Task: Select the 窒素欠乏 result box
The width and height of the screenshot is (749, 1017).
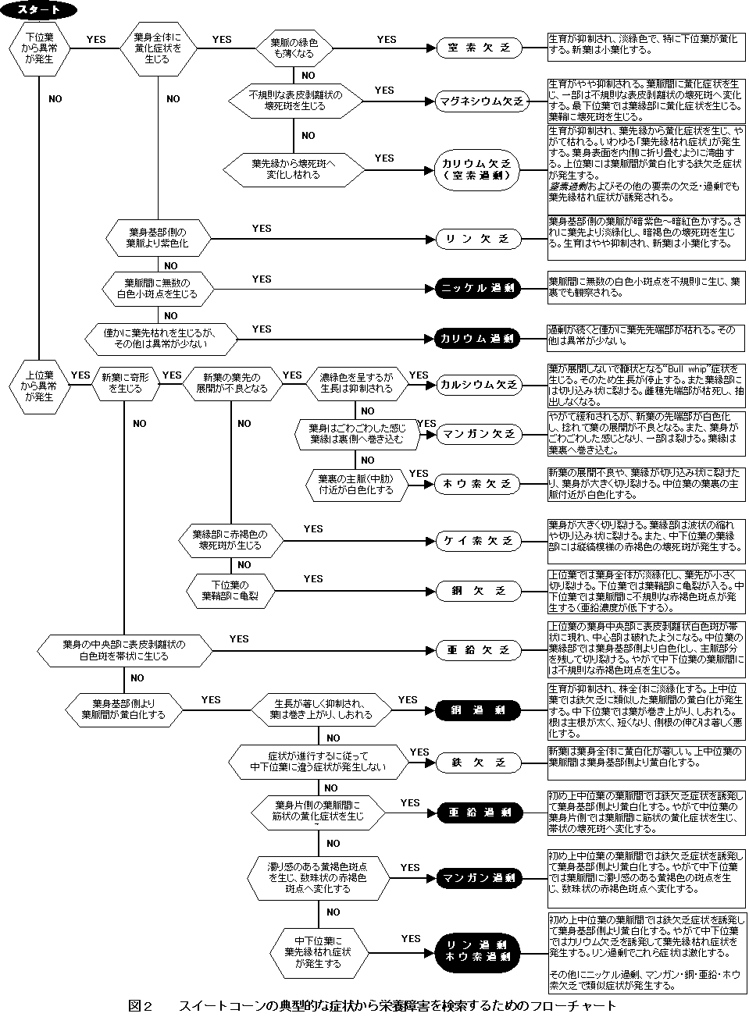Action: pos(478,48)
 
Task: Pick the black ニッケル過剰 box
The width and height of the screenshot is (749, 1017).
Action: pos(477,289)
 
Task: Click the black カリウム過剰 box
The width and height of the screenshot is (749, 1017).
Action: pos(477,339)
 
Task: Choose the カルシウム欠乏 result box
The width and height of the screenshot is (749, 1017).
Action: pos(478,385)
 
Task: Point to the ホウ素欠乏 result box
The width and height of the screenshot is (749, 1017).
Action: pos(477,484)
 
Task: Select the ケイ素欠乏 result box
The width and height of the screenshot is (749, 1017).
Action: pos(477,540)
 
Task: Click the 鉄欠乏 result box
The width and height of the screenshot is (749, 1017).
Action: pos(477,762)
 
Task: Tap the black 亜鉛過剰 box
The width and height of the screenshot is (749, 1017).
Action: pos(477,813)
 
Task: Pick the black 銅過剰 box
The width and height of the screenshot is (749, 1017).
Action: pos(477,710)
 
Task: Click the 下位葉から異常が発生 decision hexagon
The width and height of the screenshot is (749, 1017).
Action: pos(39,48)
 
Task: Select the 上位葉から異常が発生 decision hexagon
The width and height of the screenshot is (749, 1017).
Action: pos(39,385)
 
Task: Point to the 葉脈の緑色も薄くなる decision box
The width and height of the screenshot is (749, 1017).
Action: pos(293,48)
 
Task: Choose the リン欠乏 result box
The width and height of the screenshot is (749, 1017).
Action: pos(477,239)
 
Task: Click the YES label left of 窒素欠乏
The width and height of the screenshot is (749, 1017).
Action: pos(387,39)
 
